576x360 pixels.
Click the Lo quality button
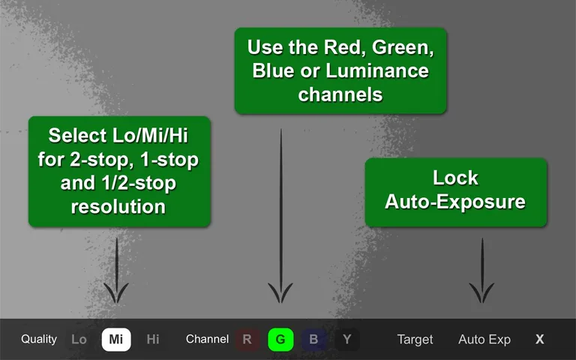pyautogui.click(x=79, y=340)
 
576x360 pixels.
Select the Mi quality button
pyautogui.click(x=116, y=340)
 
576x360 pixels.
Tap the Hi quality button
pyautogui.click(x=153, y=340)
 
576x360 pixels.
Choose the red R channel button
pyautogui.click(x=247, y=340)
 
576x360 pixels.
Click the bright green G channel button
pyautogui.click(x=280, y=340)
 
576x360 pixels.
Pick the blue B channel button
pyautogui.click(x=313, y=340)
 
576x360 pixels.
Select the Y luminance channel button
pyautogui.click(x=346, y=340)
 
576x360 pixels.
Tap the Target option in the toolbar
pyautogui.click(x=415, y=340)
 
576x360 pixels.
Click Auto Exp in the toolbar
pyautogui.click(x=484, y=340)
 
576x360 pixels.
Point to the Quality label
pyautogui.click(x=39, y=339)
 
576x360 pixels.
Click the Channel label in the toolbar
pyautogui.click(x=207, y=339)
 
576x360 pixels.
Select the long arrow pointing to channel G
pyautogui.click(x=280, y=217)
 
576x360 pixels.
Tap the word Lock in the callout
pyautogui.click(x=455, y=178)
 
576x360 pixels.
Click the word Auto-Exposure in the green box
pyautogui.click(x=455, y=202)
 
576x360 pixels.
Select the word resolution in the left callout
pyautogui.click(x=119, y=206)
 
